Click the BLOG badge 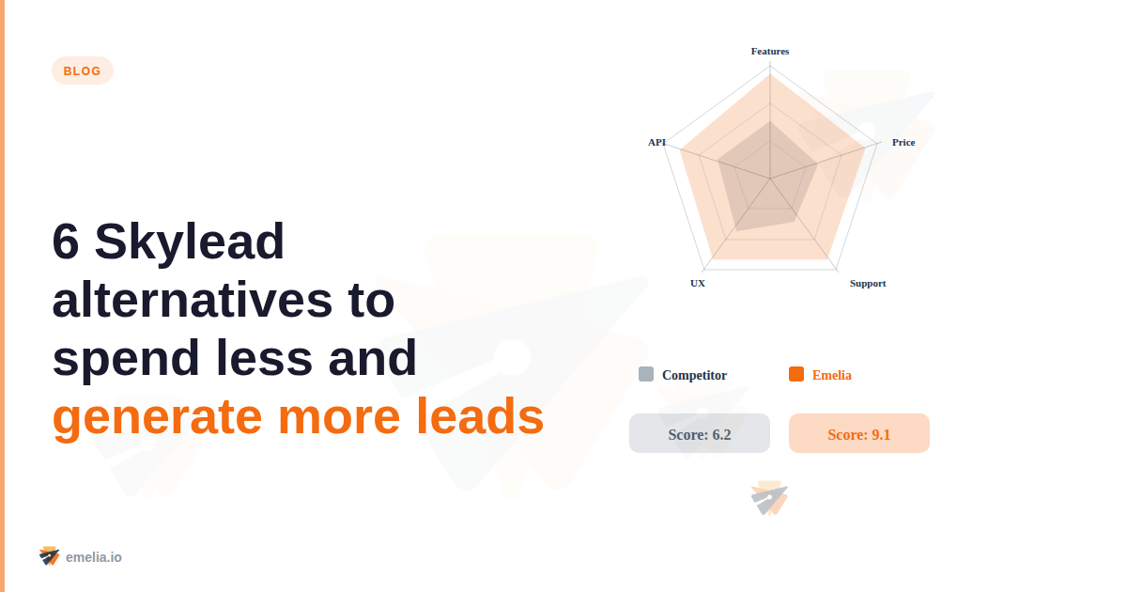[x=83, y=70]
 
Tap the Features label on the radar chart [x=770, y=51]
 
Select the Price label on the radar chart [x=903, y=143]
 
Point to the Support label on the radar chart [x=868, y=283]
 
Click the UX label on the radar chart [x=698, y=283]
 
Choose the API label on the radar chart [x=656, y=142]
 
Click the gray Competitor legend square [x=646, y=374]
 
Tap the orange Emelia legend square [x=796, y=374]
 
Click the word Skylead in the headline [x=190, y=242]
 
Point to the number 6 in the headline [x=65, y=242]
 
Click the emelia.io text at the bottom [x=94, y=557]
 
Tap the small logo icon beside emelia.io [x=50, y=555]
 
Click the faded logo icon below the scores [x=769, y=498]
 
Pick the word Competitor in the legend [x=694, y=375]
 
